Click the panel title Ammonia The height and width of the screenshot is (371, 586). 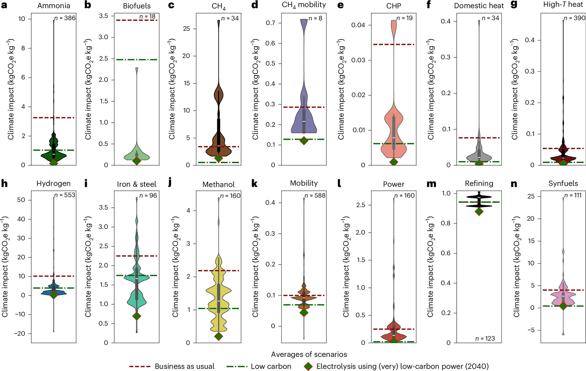coord(54,6)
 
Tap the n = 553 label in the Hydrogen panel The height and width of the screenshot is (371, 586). coord(65,195)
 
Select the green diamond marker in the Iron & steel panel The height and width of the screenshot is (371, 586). coord(137,316)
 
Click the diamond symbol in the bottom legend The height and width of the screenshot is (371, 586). coord(308,366)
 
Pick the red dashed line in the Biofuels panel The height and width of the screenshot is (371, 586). coord(137,20)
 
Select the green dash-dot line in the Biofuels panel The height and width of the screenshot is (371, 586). coord(137,60)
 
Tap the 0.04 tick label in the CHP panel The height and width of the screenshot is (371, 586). coord(358,25)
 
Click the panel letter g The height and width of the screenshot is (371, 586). coord(514,5)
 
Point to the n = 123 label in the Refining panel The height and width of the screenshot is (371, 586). coord(485,339)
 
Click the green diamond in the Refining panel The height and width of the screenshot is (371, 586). coord(479,211)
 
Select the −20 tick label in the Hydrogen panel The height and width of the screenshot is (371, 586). coord(19,334)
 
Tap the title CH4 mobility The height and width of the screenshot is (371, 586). coord(304,5)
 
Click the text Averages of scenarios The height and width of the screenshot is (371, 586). coord(309,354)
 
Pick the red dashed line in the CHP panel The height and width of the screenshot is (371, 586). coord(393,44)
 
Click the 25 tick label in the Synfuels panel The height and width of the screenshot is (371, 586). coord(531,196)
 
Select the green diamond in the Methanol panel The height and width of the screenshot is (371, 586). coord(218,336)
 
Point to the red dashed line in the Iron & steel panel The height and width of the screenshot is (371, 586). coord(137,256)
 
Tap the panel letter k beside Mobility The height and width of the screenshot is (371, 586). coord(254,183)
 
